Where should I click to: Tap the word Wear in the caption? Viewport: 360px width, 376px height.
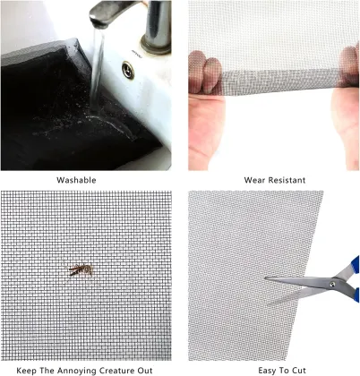coord(253,180)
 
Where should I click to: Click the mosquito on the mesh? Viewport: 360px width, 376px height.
coord(78,269)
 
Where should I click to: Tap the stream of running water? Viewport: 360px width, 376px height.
coord(96,72)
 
